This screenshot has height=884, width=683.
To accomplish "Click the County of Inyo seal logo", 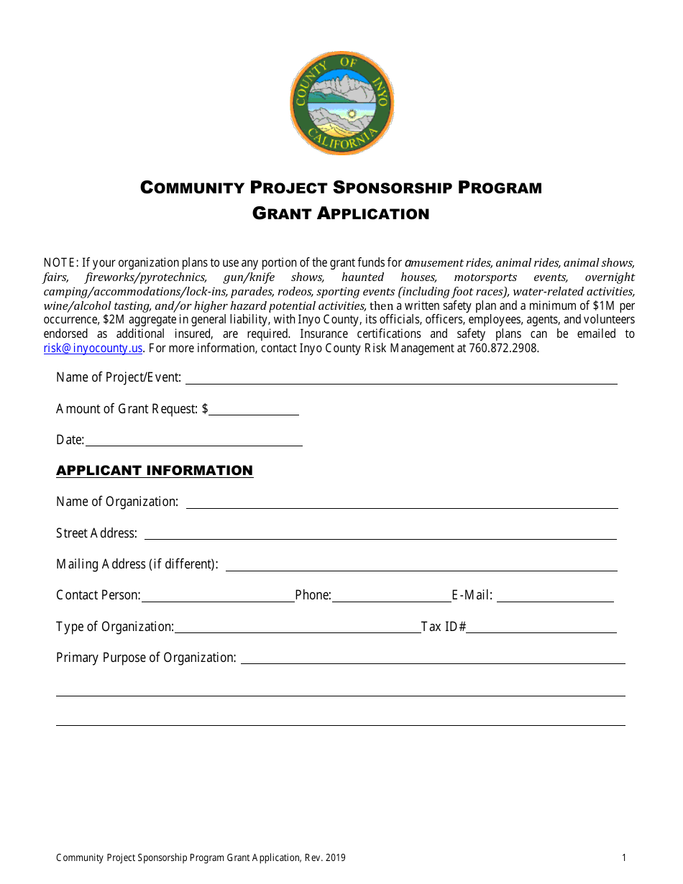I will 341,103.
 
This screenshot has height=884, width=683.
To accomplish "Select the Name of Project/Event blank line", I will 401,379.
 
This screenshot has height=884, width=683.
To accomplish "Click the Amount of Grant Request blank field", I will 254,410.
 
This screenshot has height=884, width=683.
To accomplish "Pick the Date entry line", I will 193,441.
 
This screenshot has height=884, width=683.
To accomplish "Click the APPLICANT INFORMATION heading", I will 155,471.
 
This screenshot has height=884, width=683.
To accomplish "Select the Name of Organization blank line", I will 402,503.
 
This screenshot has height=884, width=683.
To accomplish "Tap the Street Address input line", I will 380,534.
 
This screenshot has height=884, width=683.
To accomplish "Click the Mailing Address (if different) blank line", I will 421,566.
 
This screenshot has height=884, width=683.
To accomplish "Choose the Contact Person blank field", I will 218,597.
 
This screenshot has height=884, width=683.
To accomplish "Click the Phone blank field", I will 391,597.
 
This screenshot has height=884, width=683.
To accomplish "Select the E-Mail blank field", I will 555,597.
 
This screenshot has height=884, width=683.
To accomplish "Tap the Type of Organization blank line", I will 297,628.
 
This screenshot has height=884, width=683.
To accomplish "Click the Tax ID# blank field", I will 541,628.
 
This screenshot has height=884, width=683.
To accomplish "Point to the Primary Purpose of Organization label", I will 146,658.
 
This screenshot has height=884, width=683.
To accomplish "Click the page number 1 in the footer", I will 624,857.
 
